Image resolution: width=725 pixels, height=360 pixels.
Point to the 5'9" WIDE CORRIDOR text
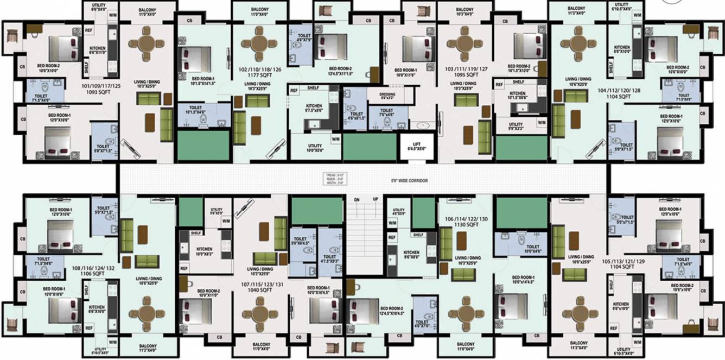(x=410, y=180)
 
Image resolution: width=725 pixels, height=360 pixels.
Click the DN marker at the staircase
(x=357, y=200)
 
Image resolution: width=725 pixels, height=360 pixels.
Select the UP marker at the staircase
(x=375, y=200)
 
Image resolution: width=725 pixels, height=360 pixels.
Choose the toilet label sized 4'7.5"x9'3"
(x=329, y=259)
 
